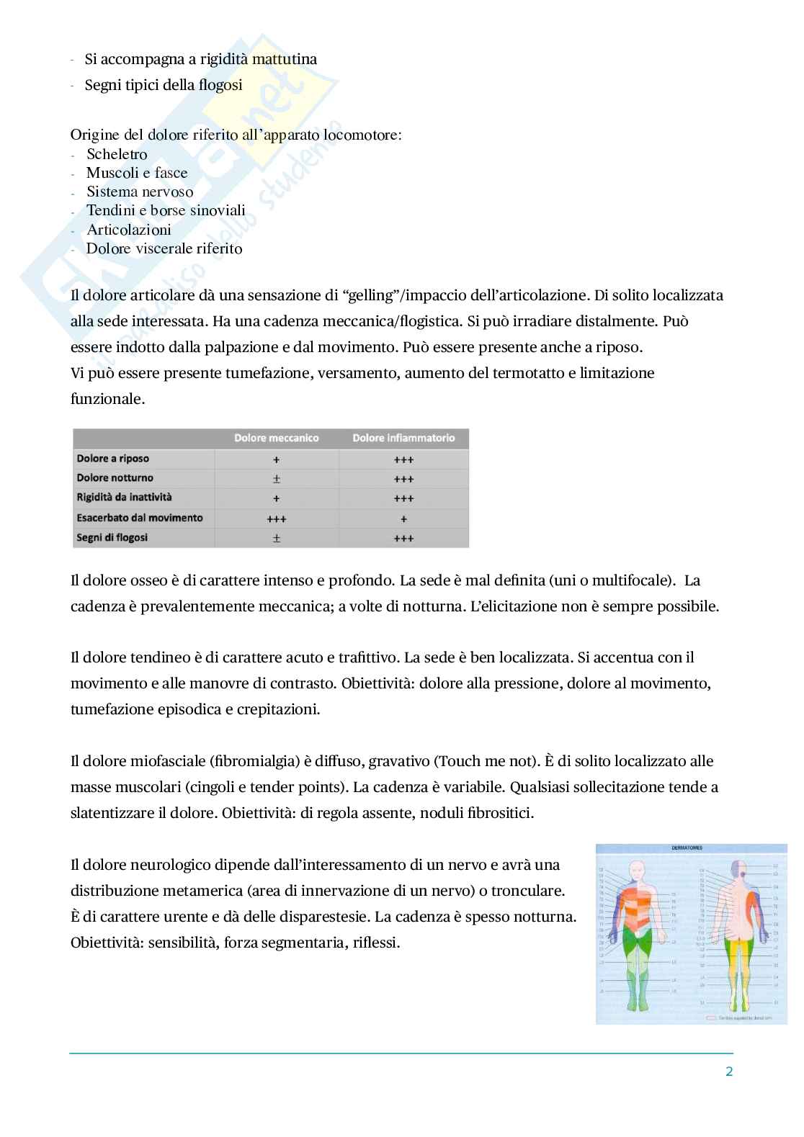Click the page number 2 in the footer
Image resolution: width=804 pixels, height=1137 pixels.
tap(728, 1072)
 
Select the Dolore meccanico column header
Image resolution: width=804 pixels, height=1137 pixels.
tap(276, 438)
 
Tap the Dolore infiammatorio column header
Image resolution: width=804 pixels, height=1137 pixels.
tap(403, 438)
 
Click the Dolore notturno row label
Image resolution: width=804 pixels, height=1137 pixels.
tap(115, 478)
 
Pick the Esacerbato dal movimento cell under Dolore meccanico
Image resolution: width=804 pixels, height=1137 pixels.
tap(276, 518)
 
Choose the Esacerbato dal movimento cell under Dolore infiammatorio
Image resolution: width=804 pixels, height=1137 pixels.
tap(403, 518)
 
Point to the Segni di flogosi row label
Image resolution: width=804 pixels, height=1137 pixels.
tap(112, 538)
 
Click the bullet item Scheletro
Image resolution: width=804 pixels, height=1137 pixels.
tap(117, 154)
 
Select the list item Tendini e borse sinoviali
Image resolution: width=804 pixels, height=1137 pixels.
tap(166, 210)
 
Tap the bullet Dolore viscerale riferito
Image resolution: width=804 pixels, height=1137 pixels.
tap(164, 248)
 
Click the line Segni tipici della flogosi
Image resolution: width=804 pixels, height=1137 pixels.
tap(164, 85)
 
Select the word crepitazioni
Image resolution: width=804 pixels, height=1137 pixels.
tap(277, 709)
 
